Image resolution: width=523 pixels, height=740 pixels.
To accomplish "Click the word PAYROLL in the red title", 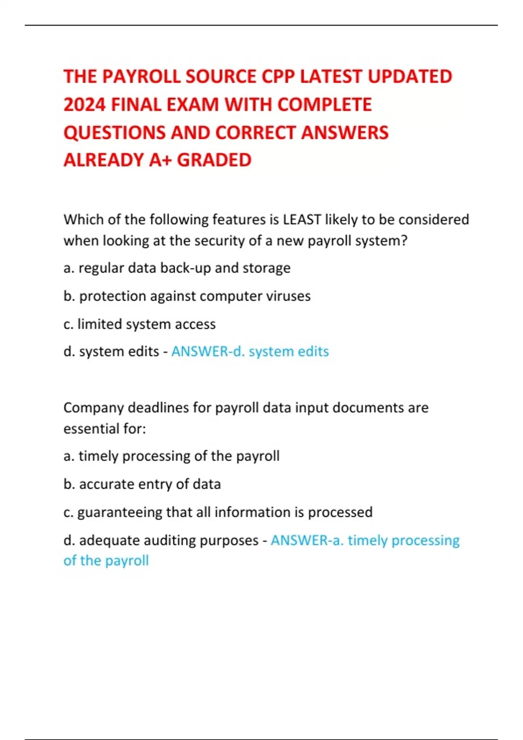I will click(140, 77).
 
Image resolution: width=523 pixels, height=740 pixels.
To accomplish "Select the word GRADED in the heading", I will click(214, 160).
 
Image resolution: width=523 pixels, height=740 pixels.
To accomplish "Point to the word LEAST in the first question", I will click(302, 219).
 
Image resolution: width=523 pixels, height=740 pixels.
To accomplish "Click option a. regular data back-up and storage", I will click(177, 268).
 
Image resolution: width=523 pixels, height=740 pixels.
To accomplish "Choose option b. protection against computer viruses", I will click(187, 296).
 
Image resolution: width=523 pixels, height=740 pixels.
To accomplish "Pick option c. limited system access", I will click(139, 324).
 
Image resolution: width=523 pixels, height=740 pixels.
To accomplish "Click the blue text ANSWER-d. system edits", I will click(250, 351).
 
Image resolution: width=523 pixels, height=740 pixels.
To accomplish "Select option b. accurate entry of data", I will click(142, 484).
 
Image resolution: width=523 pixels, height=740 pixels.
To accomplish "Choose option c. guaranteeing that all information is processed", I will click(218, 512).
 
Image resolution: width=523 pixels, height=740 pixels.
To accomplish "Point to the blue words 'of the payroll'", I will click(106, 561).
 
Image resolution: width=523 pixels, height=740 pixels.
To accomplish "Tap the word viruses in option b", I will click(290, 296).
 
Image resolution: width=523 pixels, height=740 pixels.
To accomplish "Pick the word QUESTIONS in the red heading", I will click(115, 133).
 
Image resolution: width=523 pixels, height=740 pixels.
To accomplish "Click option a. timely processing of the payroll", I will click(171, 456).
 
